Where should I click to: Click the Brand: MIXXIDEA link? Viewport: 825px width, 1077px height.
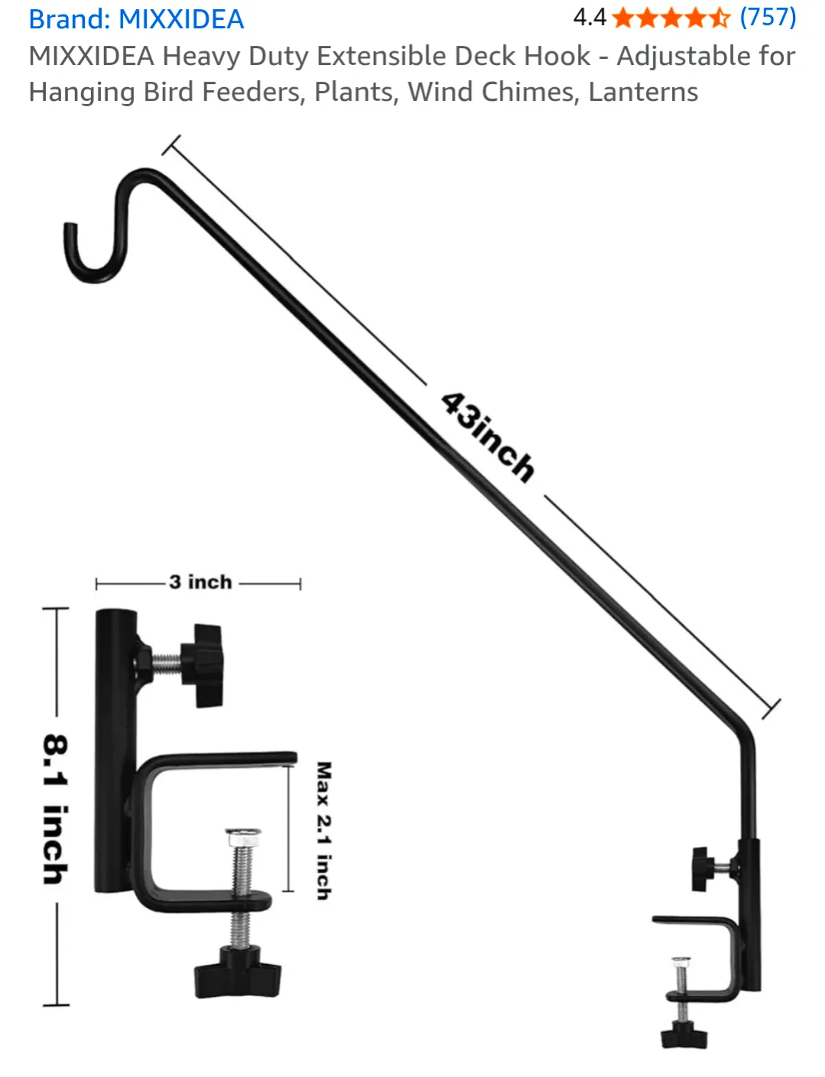click(136, 19)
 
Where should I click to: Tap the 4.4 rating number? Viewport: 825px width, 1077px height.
click(589, 17)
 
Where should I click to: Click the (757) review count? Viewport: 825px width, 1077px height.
click(768, 17)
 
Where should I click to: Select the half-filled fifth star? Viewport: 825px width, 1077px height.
click(719, 18)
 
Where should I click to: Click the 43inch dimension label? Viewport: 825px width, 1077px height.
click(487, 437)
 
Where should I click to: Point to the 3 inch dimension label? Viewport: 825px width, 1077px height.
click(200, 582)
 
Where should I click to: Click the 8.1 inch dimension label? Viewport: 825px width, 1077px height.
click(55, 809)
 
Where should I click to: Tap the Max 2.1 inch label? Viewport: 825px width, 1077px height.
click(324, 830)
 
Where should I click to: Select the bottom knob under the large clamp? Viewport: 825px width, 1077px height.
click(237, 972)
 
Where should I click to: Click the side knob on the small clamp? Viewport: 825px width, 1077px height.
click(701, 868)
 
